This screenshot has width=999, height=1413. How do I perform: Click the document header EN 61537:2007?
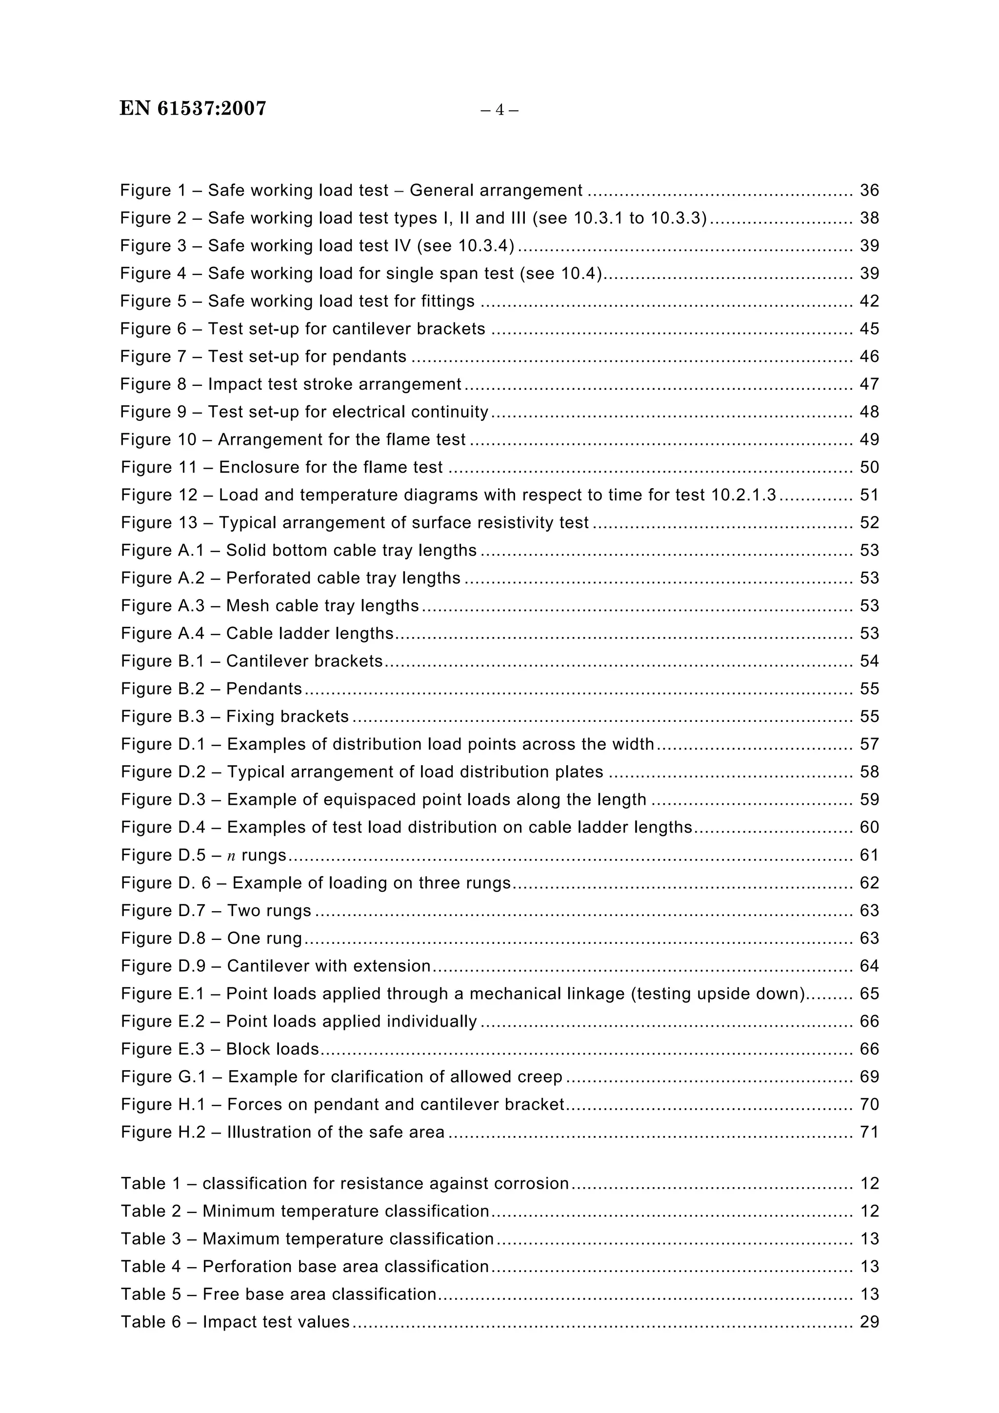pos(193,108)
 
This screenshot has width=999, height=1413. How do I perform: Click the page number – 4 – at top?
pos(499,110)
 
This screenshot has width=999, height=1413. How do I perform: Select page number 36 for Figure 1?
pos(869,190)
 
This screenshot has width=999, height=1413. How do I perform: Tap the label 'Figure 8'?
pos(153,384)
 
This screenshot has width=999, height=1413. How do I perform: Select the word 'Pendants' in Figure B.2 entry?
pos(264,689)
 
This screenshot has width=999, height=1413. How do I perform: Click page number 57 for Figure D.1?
pos(869,744)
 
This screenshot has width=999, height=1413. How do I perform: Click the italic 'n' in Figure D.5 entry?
pos(231,856)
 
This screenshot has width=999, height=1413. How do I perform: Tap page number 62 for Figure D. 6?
pos(869,882)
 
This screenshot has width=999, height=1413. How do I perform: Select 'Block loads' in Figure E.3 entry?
pos(273,1049)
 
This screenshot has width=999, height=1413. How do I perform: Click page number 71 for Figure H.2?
pos(869,1132)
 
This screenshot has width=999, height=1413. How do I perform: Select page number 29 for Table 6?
pos(869,1322)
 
